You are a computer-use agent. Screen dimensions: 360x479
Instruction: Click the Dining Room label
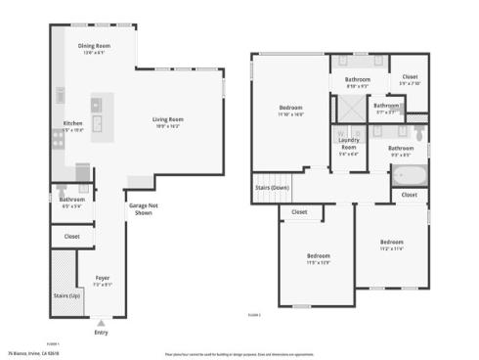95,46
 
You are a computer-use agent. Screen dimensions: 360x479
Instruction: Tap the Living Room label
168,119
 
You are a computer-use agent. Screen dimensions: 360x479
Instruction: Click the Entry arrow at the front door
102,321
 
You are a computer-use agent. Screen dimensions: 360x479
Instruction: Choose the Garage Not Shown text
143,208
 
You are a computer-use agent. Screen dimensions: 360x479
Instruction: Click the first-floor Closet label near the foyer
71,236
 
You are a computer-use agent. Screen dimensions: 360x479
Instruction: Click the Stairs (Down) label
272,187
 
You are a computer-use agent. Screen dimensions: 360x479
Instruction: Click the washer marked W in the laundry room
341,130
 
